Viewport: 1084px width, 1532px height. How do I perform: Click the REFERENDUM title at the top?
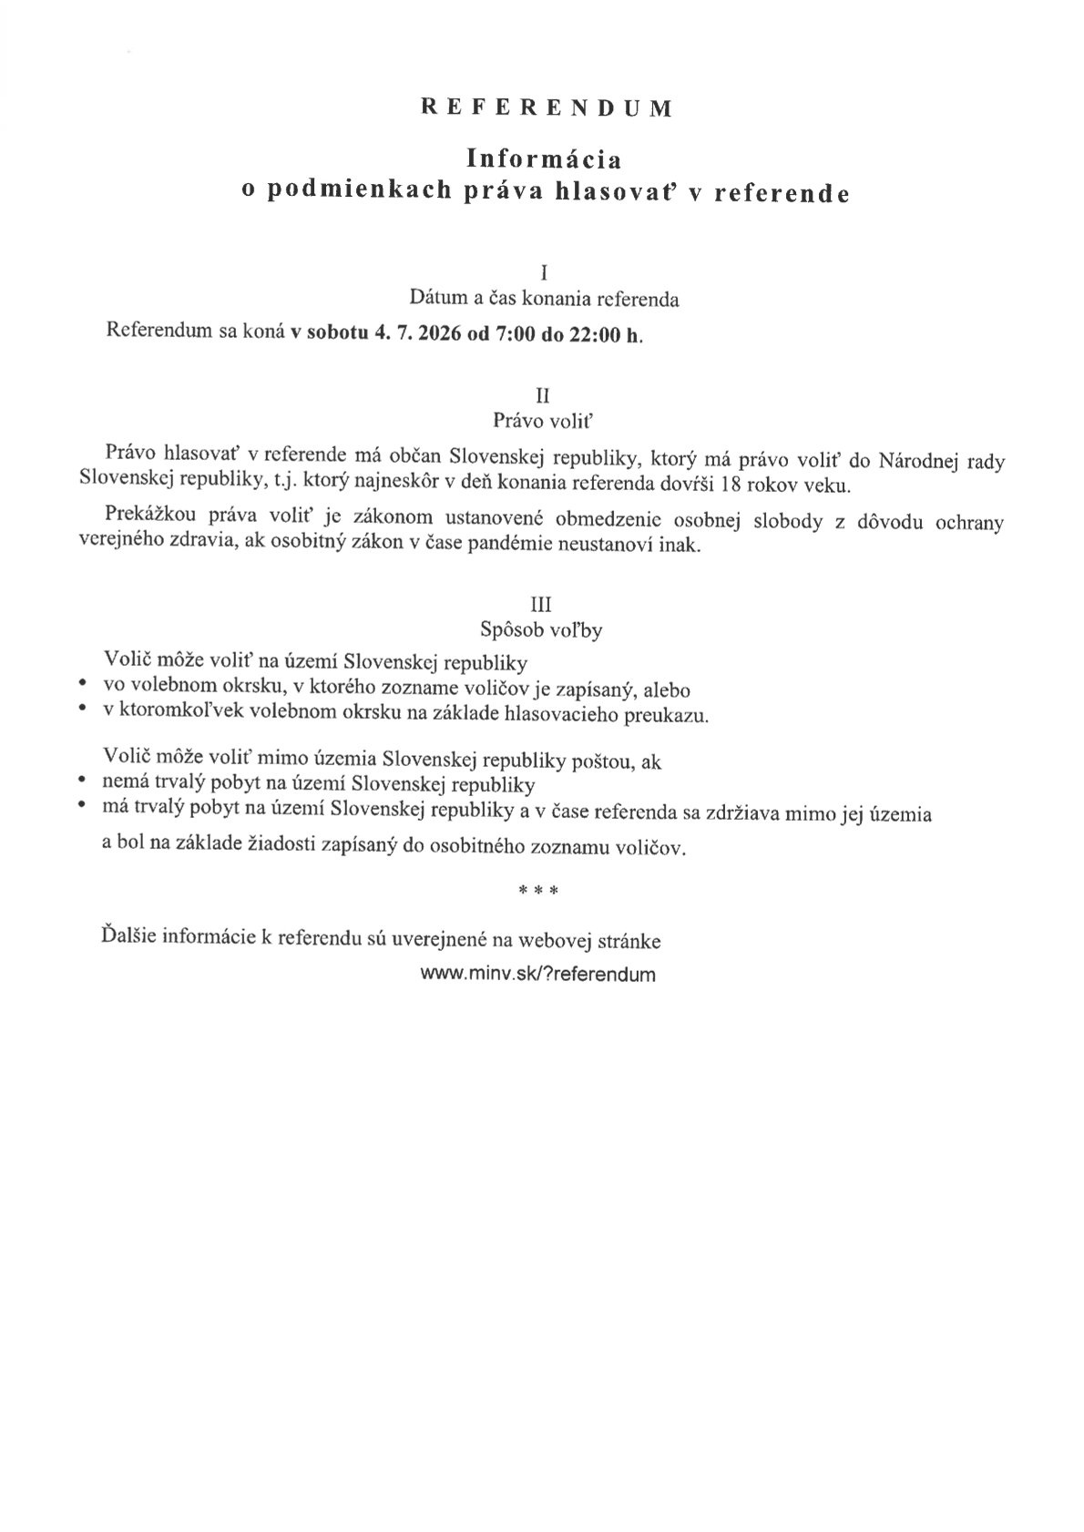547,108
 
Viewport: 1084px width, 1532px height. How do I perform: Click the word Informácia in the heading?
544,159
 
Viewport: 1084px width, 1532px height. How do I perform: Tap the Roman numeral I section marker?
544,272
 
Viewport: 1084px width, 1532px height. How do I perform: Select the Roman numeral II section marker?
543,395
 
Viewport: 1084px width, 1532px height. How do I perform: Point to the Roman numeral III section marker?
541,604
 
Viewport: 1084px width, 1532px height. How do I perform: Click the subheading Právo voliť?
543,420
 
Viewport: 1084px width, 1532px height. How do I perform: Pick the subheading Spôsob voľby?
541,629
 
